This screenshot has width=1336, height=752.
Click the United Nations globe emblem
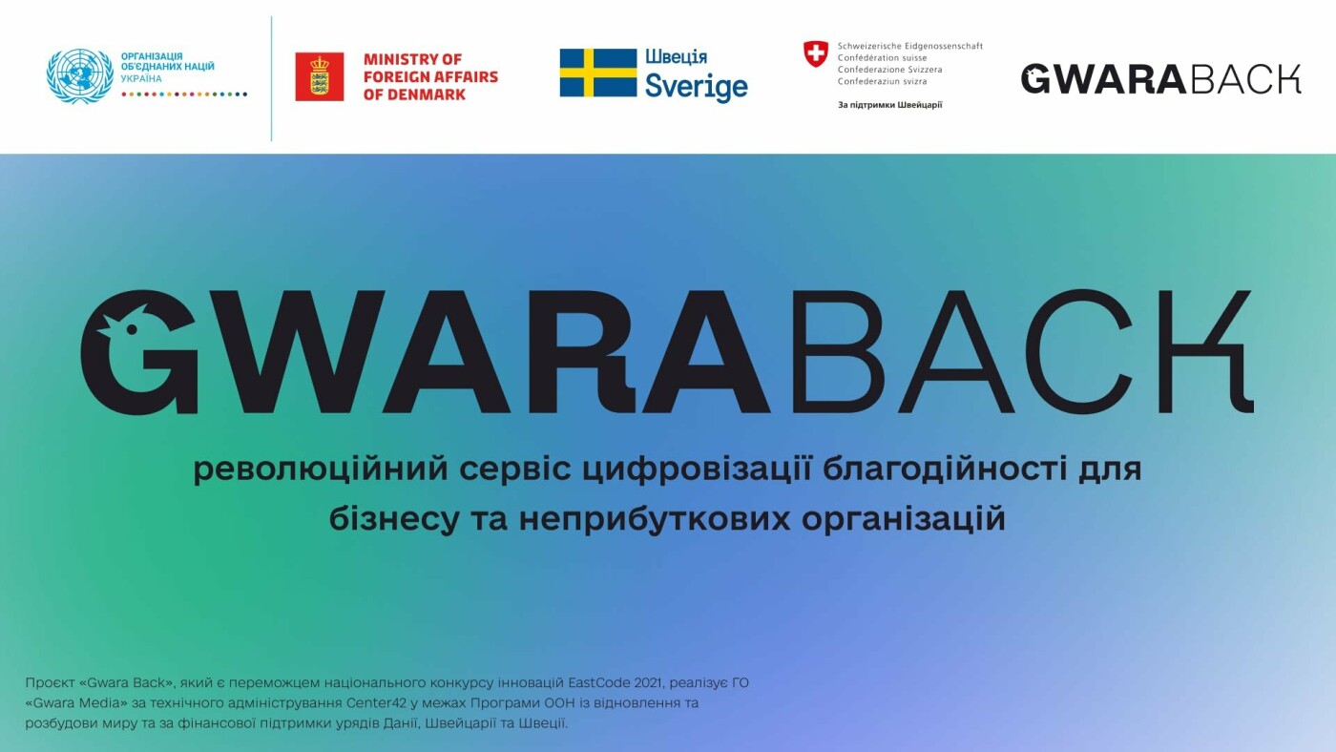tap(80, 75)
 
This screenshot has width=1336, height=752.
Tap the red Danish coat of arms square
tap(319, 76)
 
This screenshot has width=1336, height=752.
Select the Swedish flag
tap(598, 73)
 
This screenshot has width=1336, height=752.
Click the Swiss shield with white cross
tap(815, 53)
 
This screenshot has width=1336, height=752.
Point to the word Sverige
tap(696, 87)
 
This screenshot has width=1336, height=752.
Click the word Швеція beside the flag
tap(676, 56)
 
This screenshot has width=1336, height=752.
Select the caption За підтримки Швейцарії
tap(889, 105)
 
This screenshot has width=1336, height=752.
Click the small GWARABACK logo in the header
tap(1160, 78)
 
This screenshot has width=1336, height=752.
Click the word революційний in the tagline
tap(321, 469)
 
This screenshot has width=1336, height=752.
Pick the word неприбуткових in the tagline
tap(655, 519)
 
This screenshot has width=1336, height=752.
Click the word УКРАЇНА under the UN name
tap(141, 78)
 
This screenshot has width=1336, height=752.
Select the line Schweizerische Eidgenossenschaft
tap(910, 46)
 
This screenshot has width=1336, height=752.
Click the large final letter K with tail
tap(1204, 352)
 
